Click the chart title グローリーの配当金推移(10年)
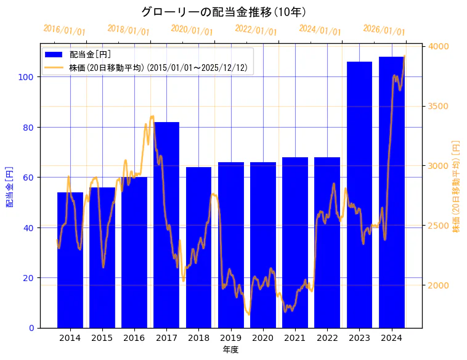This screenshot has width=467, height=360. (x=224, y=12)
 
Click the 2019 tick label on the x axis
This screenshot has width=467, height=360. (x=230, y=337)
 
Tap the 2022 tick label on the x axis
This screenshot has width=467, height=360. (x=327, y=337)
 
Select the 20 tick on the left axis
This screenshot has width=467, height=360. (x=28, y=278)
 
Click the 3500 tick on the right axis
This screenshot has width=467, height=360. (x=438, y=106)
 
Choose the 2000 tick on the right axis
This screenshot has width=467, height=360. (x=438, y=285)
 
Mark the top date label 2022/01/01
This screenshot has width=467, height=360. (x=256, y=30)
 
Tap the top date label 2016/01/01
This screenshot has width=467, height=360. (x=65, y=30)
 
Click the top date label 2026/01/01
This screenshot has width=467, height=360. (x=384, y=30)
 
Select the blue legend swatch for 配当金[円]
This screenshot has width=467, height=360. (x=55, y=55)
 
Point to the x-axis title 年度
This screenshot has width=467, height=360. (x=230, y=350)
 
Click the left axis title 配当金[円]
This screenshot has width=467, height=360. (x=9, y=186)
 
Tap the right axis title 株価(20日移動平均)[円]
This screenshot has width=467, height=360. (x=456, y=186)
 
